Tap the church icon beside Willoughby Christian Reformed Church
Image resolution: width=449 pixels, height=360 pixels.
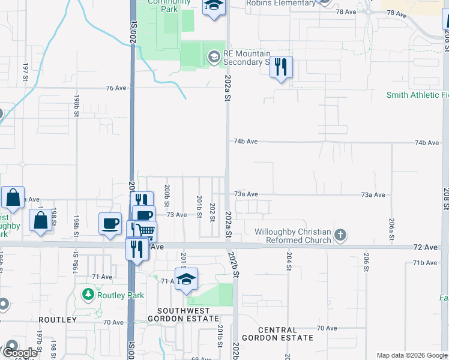340,235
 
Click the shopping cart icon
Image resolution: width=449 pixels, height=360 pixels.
145,231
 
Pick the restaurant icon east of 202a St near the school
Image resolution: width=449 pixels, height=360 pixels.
280,67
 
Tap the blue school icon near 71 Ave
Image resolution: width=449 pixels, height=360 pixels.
187,280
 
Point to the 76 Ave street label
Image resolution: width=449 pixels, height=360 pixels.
116,88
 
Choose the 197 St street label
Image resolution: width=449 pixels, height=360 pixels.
25,70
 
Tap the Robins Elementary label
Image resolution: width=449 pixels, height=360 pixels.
281,3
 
